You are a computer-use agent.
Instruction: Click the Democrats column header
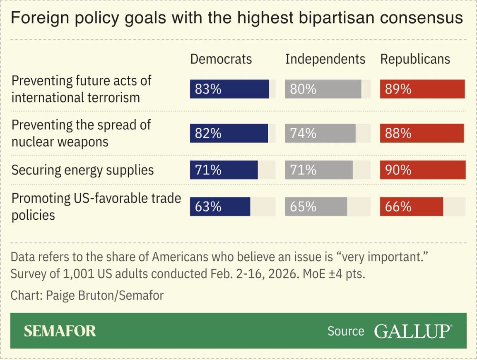221,59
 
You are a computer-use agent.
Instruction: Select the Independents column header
325,59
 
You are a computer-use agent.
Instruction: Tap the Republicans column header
415,59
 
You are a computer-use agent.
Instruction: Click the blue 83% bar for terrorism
230,89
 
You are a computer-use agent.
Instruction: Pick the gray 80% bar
323,89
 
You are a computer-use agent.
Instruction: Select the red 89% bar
422,89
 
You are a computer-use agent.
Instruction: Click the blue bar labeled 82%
229,133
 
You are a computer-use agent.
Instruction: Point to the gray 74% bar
320,133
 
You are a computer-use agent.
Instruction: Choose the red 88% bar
422,133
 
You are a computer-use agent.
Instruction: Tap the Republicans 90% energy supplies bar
423,170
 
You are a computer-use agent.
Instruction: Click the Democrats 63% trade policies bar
220,206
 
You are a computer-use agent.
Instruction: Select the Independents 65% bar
316,206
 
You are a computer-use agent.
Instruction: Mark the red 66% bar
412,206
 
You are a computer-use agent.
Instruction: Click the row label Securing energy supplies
82,170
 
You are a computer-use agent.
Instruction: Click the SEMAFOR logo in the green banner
60,331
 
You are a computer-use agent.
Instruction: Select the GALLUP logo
413,331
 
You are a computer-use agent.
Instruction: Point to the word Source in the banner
346,331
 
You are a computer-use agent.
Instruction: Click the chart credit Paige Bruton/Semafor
87,295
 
